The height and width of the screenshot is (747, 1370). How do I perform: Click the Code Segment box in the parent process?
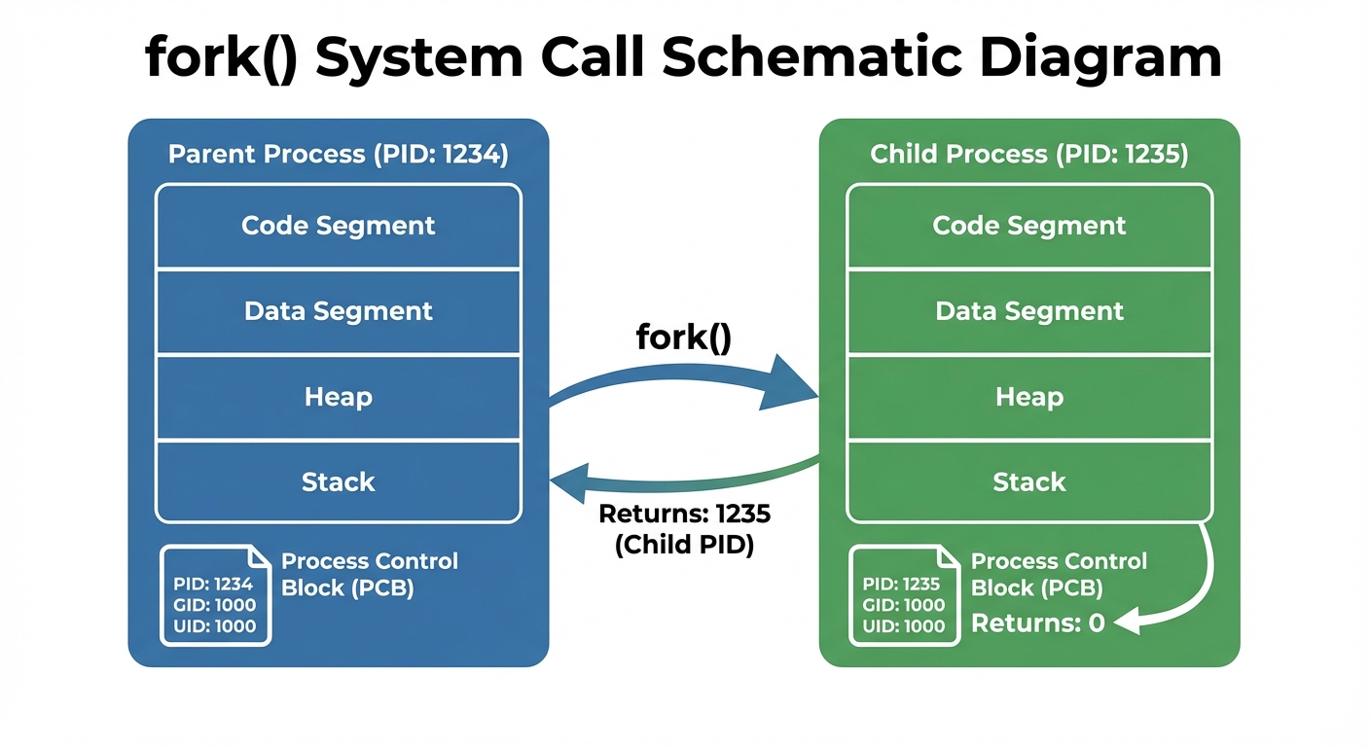point(338,226)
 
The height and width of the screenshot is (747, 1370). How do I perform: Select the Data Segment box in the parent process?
point(338,311)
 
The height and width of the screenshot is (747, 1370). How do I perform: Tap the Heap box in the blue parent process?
point(338,397)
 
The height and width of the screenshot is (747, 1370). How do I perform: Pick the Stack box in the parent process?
point(338,481)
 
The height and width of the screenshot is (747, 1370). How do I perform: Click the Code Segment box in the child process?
point(1028,226)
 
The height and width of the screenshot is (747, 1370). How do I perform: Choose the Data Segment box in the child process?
point(1028,311)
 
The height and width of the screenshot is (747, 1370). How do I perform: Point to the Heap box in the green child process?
point(1028,397)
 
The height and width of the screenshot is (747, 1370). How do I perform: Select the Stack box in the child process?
point(1028,481)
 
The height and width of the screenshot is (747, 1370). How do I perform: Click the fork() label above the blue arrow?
point(683,338)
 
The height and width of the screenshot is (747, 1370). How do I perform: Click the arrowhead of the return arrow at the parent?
point(569,481)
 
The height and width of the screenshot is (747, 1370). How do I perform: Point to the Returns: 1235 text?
point(684,515)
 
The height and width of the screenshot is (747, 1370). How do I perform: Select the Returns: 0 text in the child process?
point(1037,623)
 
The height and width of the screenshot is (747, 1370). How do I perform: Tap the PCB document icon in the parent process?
point(215,594)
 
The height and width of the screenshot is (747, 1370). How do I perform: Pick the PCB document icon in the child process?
point(904,594)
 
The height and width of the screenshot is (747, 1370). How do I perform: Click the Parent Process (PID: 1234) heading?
point(338,155)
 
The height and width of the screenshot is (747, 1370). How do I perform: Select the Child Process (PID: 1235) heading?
point(1028,155)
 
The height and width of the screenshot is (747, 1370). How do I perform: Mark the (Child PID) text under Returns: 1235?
point(684,546)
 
